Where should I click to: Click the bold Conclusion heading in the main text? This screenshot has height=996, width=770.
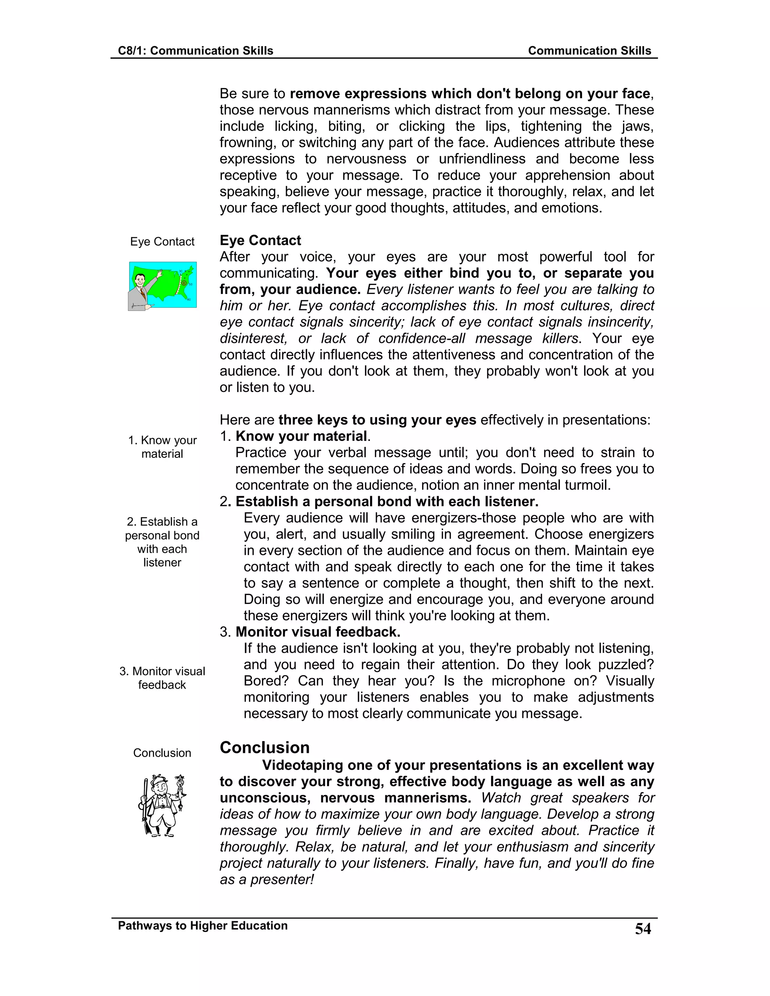[x=265, y=748]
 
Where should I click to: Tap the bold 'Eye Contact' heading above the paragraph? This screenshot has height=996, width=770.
[x=260, y=240]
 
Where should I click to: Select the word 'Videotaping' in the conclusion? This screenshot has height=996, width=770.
[x=302, y=765]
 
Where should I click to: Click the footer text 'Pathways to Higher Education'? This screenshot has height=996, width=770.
[x=203, y=925]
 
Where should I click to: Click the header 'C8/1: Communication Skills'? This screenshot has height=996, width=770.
[x=195, y=51]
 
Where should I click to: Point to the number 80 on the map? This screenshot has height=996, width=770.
[x=189, y=299]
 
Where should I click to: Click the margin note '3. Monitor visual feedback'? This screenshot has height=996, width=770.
[x=162, y=678]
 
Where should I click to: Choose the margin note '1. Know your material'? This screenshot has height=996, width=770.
[x=162, y=447]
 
